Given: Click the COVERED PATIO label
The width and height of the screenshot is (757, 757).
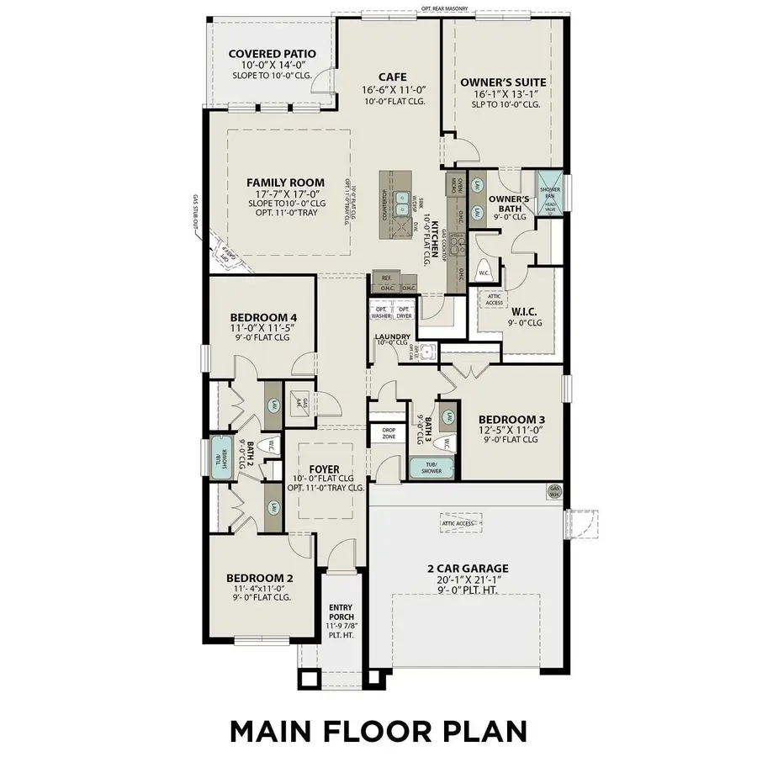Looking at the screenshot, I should click(x=273, y=55).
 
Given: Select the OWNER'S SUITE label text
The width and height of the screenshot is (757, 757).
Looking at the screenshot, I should click(x=504, y=82).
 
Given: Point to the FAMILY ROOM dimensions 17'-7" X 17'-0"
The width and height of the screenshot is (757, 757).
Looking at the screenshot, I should click(x=285, y=193).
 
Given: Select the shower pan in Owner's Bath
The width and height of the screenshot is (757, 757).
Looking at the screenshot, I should click(x=549, y=183).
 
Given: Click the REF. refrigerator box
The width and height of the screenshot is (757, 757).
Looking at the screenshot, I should click(x=386, y=278).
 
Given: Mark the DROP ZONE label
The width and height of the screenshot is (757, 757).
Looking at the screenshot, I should click(x=389, y=433).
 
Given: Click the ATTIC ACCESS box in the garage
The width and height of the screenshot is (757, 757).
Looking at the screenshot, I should click(x=461, y=521).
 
